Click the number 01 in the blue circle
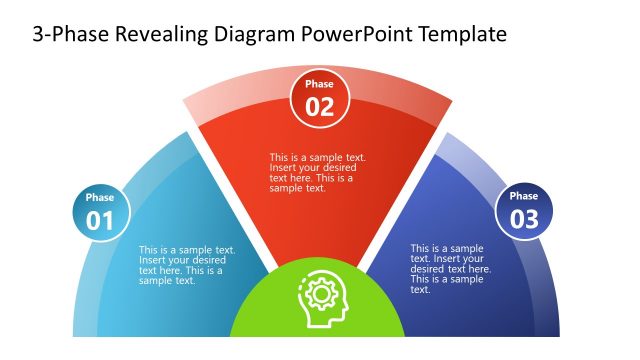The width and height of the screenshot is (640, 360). click(100, 220)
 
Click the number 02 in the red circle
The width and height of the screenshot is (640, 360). click(319, 108)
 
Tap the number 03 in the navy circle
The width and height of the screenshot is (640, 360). click(524, 220)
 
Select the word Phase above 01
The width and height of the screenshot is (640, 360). click(100, 198)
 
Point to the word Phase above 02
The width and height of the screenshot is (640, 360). click(319, 85)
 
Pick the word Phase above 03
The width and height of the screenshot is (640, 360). click(524, 197)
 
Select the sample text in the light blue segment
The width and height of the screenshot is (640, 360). click(187, 266)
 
